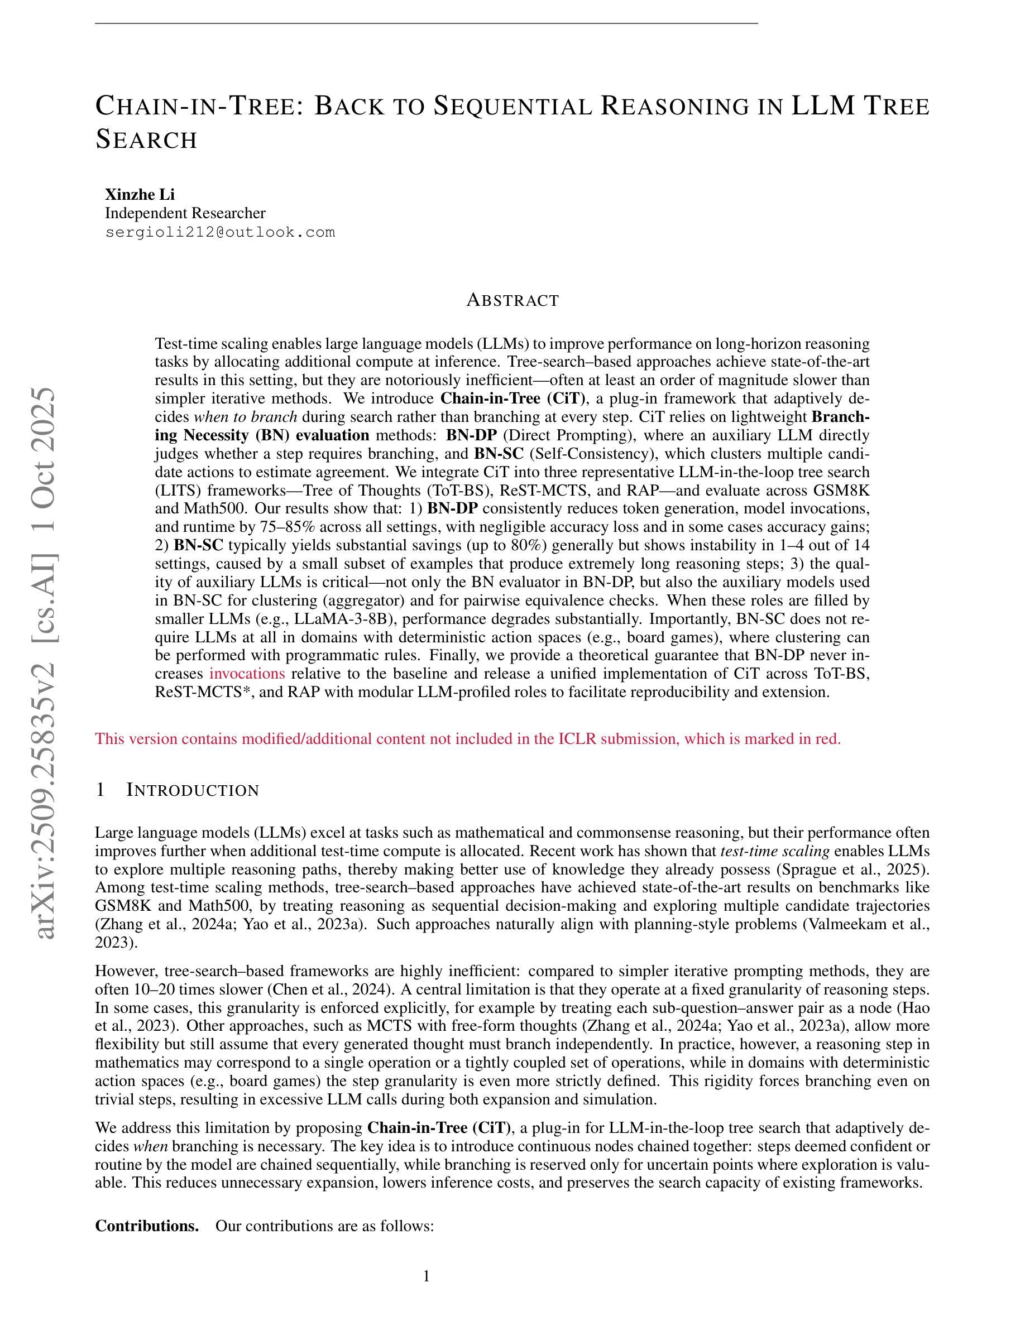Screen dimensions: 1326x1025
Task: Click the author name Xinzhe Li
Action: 140,194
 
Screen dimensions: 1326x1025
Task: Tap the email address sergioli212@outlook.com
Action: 220,233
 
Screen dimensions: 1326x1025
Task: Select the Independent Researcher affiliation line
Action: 185,213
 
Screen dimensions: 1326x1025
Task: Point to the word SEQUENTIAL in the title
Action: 512,106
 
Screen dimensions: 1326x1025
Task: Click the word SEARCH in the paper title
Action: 146,139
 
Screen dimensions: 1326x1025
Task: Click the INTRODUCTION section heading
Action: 193,790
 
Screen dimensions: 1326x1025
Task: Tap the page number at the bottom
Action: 427,1276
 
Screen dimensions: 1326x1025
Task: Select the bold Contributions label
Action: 147,1226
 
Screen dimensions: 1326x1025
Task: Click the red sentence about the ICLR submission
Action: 468,739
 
